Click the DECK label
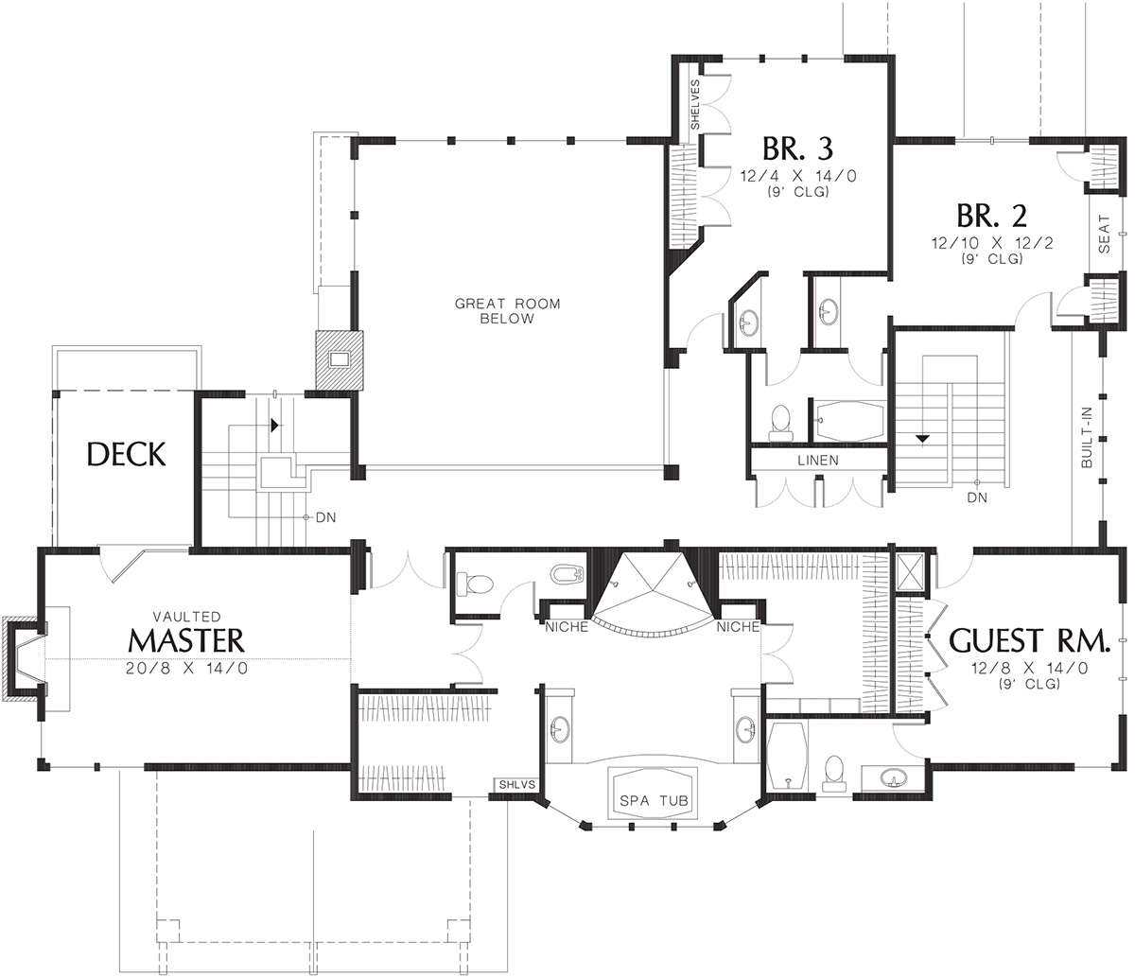(127, 454)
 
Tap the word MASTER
(186, 639)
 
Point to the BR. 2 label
(991, 216)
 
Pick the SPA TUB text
(654, 801)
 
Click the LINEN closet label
(818, 461)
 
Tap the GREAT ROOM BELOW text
(507, 311)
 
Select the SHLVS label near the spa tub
(516, 785)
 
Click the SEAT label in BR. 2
(1104, 234)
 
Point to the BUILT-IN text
(1087, 438)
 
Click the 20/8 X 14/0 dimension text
(186, 669)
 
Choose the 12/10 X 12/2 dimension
(992, 243)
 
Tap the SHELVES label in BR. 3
(695, 104)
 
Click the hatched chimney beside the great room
(339, 359)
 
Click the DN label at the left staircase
(325, 517)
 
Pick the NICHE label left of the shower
(567, 627)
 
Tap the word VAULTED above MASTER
(186, 617)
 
